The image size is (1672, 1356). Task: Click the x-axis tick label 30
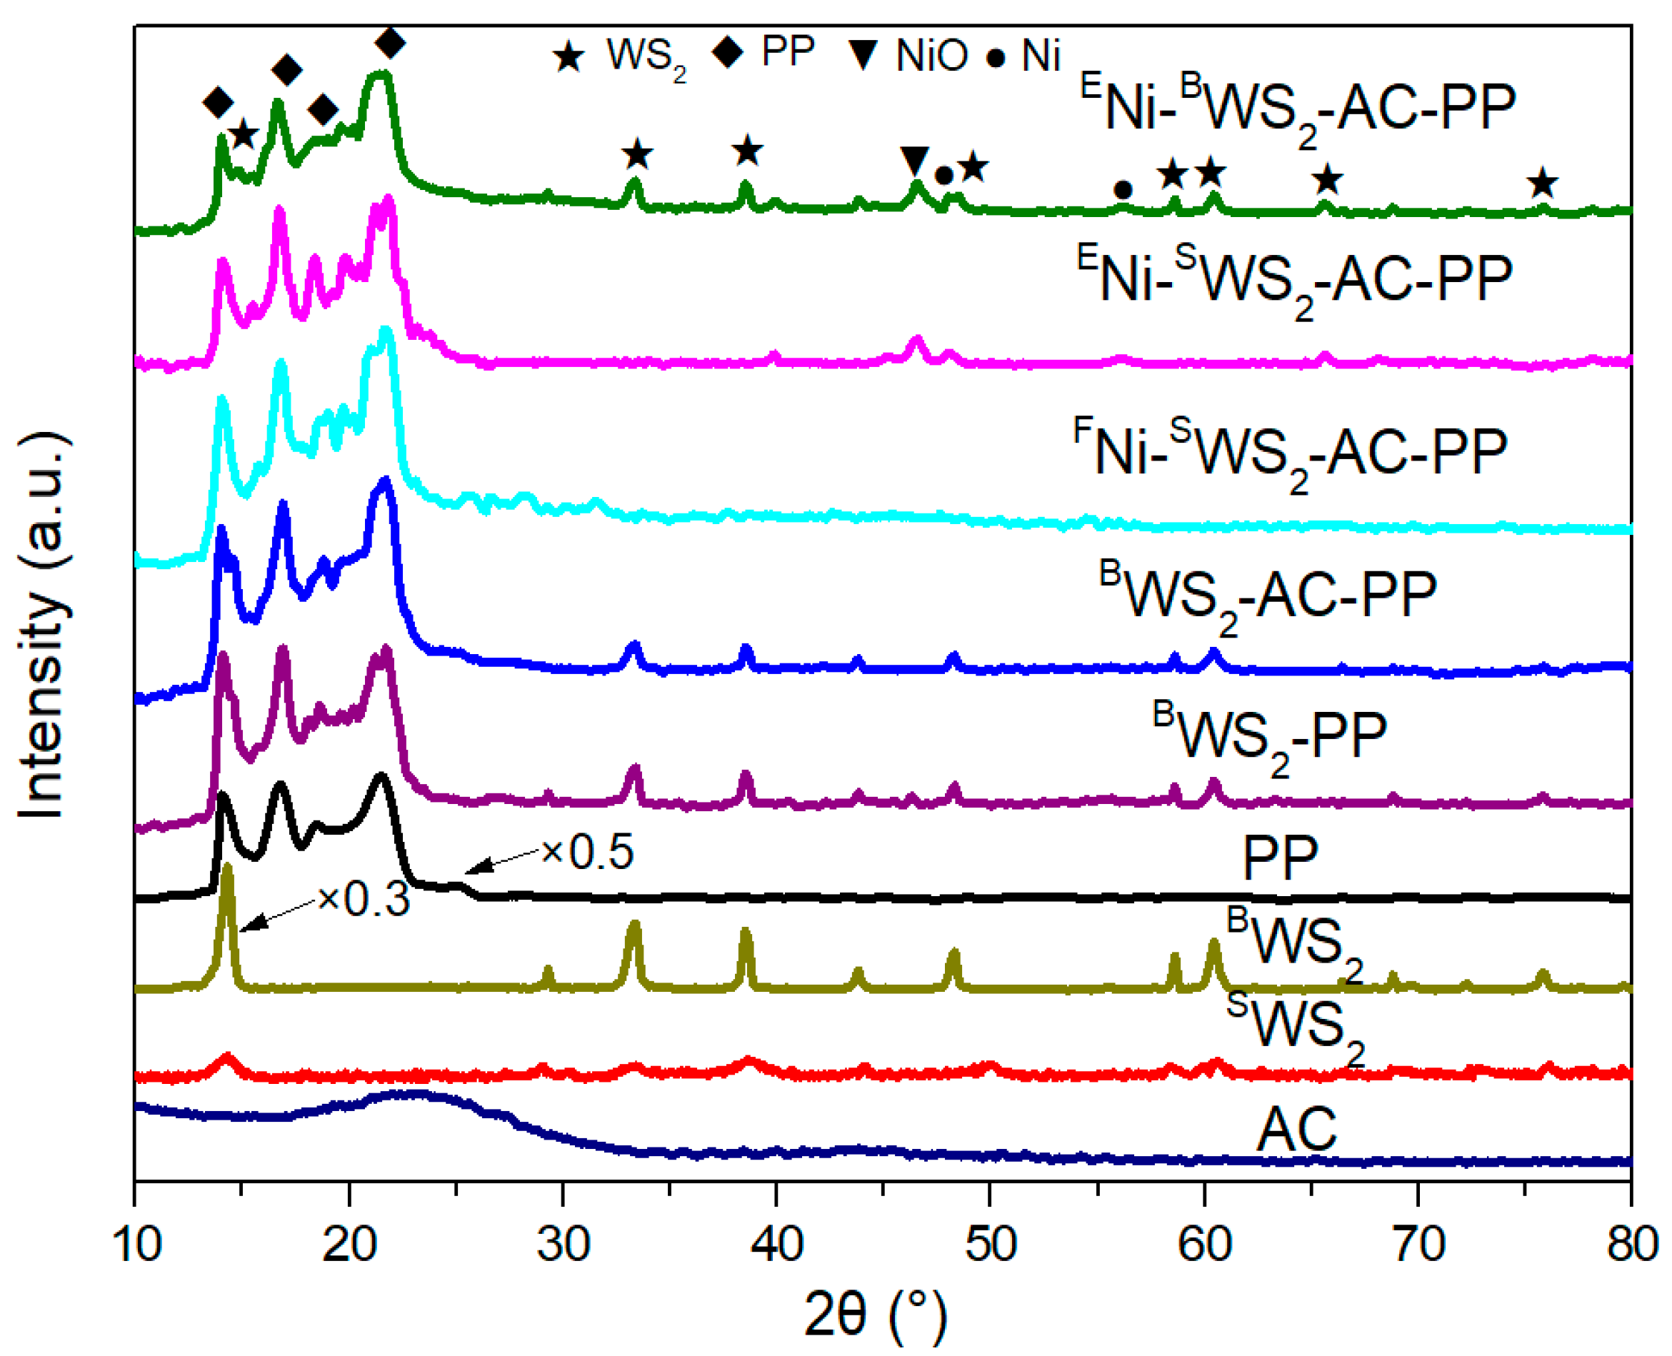tap(563, 1243)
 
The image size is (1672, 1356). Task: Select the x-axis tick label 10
tap(136, 1243)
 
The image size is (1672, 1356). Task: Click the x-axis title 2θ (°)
tap(875, 1314)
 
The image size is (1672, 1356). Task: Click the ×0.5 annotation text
tap(588, 851)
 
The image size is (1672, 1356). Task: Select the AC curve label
tap(1297, 1129)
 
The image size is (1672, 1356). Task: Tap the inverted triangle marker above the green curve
tap(914, 160)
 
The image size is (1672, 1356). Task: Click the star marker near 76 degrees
tap(1542, 184)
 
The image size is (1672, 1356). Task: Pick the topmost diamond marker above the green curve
tap(391, 42)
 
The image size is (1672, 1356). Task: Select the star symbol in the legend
tap(568, 57)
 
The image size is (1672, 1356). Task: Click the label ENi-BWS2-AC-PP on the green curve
tap(1297, 109)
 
